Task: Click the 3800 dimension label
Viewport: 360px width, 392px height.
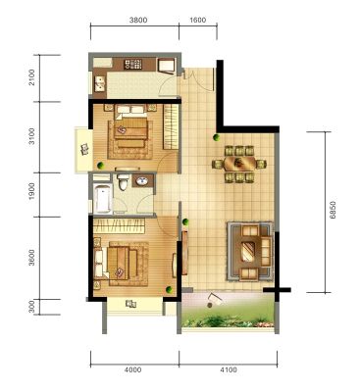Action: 138,21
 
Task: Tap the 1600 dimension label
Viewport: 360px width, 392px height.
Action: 198,21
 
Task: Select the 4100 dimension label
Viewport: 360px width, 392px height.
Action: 229,369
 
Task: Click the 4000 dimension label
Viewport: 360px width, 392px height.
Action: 133,369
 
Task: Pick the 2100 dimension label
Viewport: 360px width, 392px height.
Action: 31,77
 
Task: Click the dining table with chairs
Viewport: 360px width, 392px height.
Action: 239,164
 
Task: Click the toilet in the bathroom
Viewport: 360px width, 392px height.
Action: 124,182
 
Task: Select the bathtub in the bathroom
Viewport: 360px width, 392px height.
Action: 102,198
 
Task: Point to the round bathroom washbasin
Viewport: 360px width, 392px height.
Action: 142,180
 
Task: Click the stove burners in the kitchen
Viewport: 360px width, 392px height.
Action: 133,65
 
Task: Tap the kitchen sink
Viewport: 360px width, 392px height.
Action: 99,83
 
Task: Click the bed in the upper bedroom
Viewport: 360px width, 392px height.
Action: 130,126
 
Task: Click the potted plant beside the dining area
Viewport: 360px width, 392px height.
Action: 216,137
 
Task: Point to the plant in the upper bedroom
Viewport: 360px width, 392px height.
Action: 100,165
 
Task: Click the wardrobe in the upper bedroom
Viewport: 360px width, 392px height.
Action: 171,126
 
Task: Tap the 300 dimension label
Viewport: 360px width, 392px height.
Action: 31,307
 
